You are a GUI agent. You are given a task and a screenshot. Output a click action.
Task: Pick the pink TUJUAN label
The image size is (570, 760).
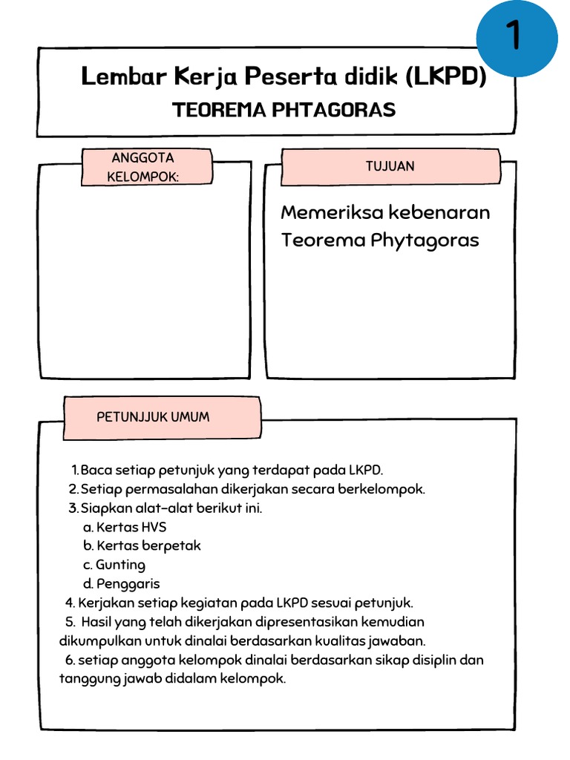390,166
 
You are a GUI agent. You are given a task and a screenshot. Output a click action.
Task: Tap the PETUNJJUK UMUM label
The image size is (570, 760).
154,416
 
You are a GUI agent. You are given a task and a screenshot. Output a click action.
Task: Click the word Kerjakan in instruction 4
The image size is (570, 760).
105,602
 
